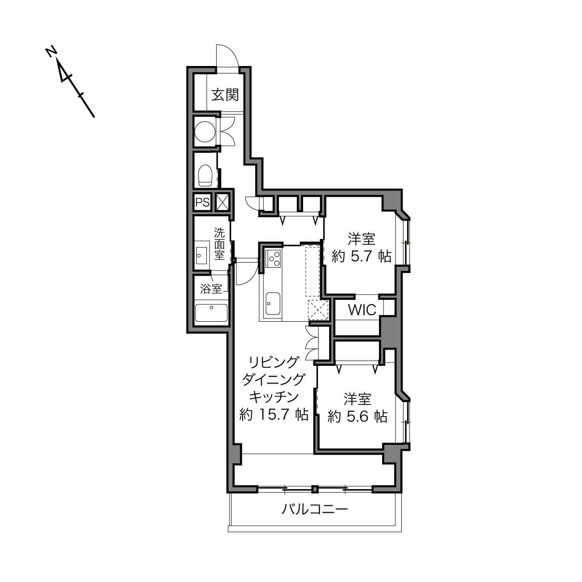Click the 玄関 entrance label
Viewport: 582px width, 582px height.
[x=225, y=95]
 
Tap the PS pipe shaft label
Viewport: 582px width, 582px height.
[x=202, y=202]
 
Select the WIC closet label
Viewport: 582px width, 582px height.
[x=362, y=310]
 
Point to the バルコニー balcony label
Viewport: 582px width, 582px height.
[x=315, y=509]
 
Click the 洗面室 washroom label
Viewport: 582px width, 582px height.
[x=219, y=244]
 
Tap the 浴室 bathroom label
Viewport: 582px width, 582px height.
[x=211, y=289]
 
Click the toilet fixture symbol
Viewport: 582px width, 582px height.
[x=205, y=175]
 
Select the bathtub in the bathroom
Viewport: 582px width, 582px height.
[x=212, y=313]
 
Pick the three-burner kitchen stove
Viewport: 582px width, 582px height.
[x=273, y=258]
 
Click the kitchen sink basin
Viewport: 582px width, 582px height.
[x=273, y=304]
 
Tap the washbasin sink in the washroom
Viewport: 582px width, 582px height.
[x=201, y=256]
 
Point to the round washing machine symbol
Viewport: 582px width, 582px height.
[x=205, y=132]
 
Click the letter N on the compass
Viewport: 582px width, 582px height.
[x=51, y=52]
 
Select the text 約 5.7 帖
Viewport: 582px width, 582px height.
[x=362, y=257]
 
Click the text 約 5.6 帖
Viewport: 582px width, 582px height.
[x=357, y=417]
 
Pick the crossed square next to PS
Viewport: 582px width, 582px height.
[x=223, y=202]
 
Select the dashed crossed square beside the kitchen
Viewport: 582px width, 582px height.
[x=317, y=310]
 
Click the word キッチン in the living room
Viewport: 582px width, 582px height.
[x=274, y=397]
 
